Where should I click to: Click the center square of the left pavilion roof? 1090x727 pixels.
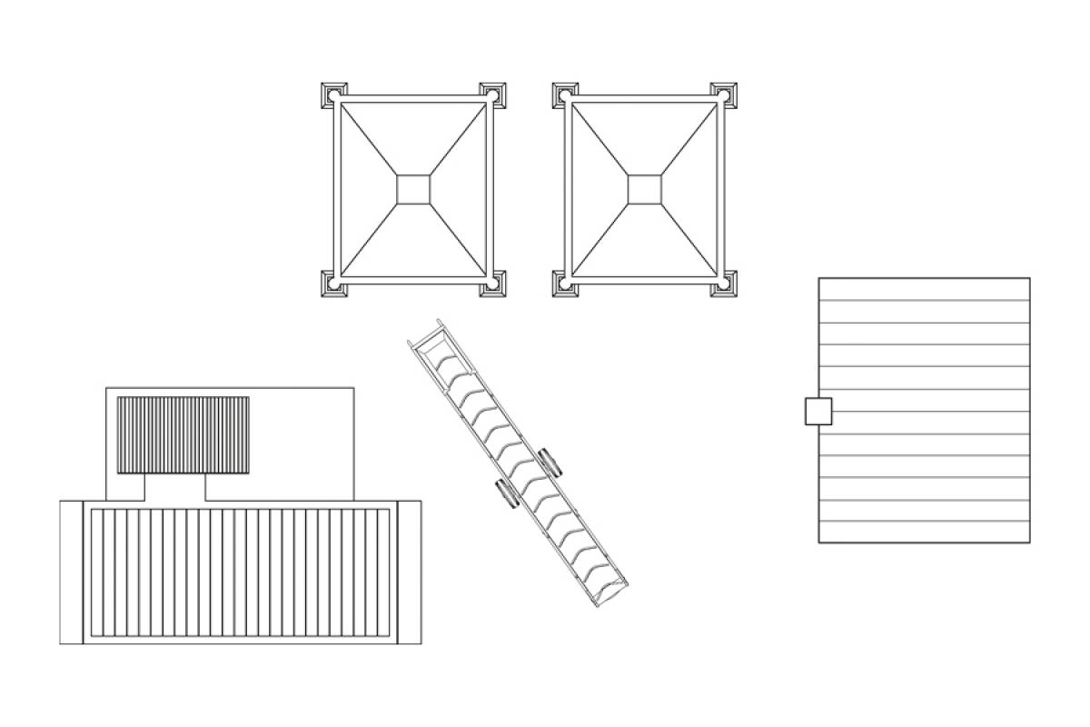pos(413,189)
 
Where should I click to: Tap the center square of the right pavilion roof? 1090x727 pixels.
pos(644,189)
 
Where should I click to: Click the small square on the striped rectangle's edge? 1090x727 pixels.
pos(818,412)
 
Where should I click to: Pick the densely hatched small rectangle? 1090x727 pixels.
pos(183,434)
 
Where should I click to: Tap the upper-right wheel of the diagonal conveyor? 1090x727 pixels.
pos(551,462)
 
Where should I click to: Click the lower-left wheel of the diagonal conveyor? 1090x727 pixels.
pos(506,494)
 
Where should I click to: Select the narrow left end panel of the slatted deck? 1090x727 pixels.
pos(72,573)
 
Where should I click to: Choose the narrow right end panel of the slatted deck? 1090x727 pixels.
pos(410,573)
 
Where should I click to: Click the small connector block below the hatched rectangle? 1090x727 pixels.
pos(175,487)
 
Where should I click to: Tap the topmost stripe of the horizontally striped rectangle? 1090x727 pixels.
pos(924,288)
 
